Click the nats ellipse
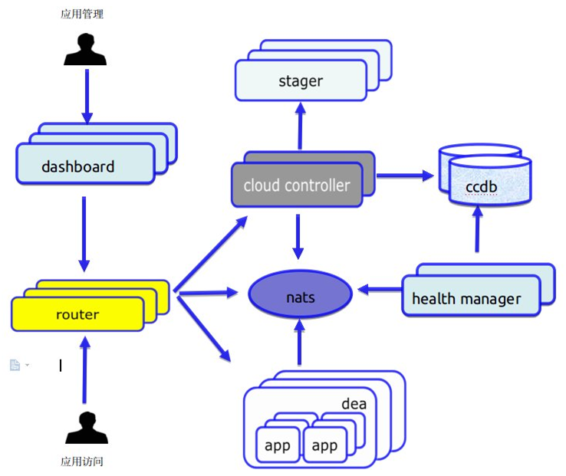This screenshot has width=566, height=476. pos(300,295)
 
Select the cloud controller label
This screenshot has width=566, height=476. pos(296,185)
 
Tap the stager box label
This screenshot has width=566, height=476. pos(301,80)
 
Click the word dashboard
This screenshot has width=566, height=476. pos(77,166)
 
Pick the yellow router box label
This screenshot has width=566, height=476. pos(77,314)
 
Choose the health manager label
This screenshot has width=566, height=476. pos(466,299)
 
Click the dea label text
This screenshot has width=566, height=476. pos(354,404)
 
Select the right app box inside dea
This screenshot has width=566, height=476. pos(325,445)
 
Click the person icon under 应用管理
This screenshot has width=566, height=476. pos(85,48)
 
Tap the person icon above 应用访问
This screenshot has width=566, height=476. pos(85,428)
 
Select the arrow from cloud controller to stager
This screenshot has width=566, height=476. pos(300,126)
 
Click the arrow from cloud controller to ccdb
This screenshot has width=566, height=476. pos(404,176)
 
